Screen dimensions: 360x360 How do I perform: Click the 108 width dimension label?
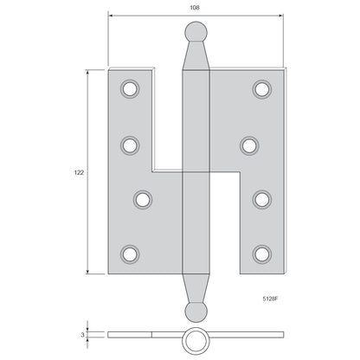195,8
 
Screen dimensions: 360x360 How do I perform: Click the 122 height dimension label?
79,172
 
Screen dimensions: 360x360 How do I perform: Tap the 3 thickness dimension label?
83,335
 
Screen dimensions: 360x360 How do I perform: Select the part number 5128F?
270,299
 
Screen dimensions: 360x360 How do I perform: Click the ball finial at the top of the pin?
196,31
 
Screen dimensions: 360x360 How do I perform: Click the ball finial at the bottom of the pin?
196,312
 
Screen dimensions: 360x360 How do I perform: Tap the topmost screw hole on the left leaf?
130,89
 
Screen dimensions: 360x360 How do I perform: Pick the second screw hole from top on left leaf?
130,145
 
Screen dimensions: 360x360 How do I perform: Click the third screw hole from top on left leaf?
143,200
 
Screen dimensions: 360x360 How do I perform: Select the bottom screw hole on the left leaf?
130,254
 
